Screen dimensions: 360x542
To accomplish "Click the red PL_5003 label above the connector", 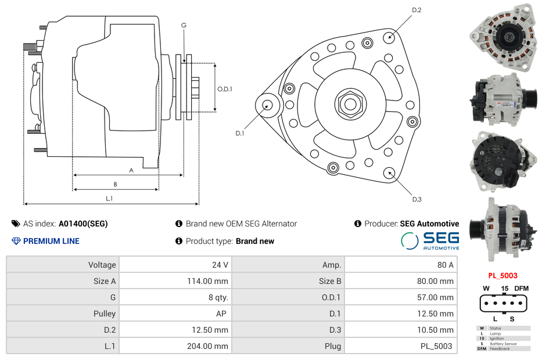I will (502, 276).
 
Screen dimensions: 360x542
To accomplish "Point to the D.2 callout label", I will (417, 10).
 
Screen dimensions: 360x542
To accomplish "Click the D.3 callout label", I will (417, 200).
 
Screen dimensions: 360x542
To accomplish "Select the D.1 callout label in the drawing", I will (239, 134).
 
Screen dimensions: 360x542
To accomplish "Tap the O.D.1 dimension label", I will (225, 89).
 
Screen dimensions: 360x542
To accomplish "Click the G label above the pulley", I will (184, 25).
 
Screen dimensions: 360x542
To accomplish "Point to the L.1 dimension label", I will (109, 199).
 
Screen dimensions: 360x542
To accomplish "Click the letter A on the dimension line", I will (131, 170).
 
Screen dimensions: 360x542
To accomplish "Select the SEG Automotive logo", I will (430, 240).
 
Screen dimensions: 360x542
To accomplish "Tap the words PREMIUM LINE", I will (51, 241).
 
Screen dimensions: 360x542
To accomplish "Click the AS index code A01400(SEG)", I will (83, 224).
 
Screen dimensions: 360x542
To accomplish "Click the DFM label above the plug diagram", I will (522, 289).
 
